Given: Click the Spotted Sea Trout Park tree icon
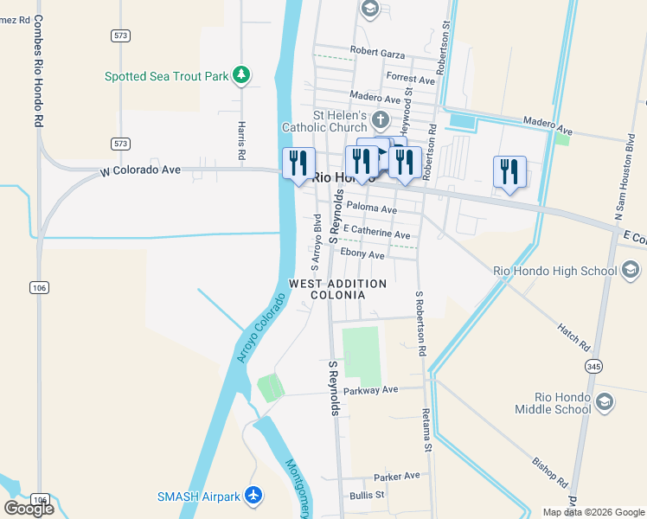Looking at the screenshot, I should click(242, 76).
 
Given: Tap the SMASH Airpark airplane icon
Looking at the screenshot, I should click(253, 496).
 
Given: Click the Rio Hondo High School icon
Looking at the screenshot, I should click(631, 271).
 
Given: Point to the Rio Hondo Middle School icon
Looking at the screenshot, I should click(605, 402).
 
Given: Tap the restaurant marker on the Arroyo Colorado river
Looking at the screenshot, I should click(298, 163).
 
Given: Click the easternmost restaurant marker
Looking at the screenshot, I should click(509, 170).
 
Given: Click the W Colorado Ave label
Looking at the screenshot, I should click(140, 170).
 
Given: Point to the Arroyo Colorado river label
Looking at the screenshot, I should click(259, 330).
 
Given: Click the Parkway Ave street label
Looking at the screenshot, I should click(370, 390).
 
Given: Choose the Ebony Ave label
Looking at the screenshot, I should click(362, 254).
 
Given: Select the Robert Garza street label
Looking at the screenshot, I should click(377, 53).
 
